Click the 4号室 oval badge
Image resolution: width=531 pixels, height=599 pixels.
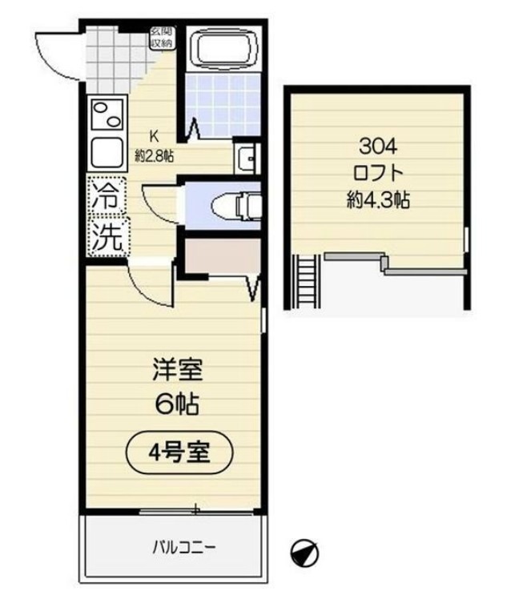click(x=179, y=452)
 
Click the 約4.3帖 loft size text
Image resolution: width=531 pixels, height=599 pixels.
click(x=378, y=200)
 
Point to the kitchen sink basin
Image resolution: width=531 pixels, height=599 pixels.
click(x=108, y=152)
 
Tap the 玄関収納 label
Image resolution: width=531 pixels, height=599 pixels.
click(x=160, y=38)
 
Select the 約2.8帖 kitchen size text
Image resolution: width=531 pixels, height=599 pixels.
click(x=155, y=155)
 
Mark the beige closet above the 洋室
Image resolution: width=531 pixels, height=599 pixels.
click(x=218, y=255)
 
